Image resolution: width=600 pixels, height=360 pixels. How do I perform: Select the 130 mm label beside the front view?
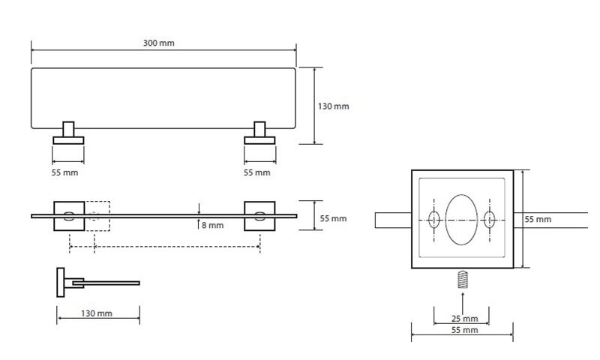tap(333, 106)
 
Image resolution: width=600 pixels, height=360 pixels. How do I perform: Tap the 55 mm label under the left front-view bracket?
tap(65, 173)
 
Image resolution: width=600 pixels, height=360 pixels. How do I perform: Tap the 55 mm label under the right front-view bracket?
tap(257, 173)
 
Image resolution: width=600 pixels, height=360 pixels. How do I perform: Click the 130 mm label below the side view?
tap(97, 313)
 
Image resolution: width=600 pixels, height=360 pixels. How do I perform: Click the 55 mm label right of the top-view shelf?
tap(333, 218)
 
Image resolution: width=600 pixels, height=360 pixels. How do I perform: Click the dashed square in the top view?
tap(97, 216)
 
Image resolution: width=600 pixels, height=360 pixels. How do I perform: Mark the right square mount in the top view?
tap(260, 216)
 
